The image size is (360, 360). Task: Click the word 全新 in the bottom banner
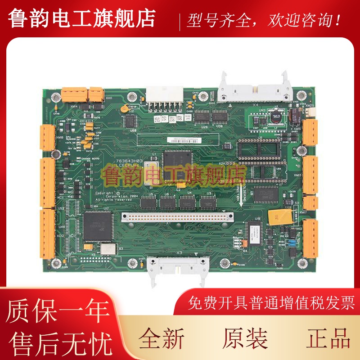pos(161,339)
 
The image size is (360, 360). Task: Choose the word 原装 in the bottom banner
pos(245,339)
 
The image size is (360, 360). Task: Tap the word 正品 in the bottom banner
pos(329,339)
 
